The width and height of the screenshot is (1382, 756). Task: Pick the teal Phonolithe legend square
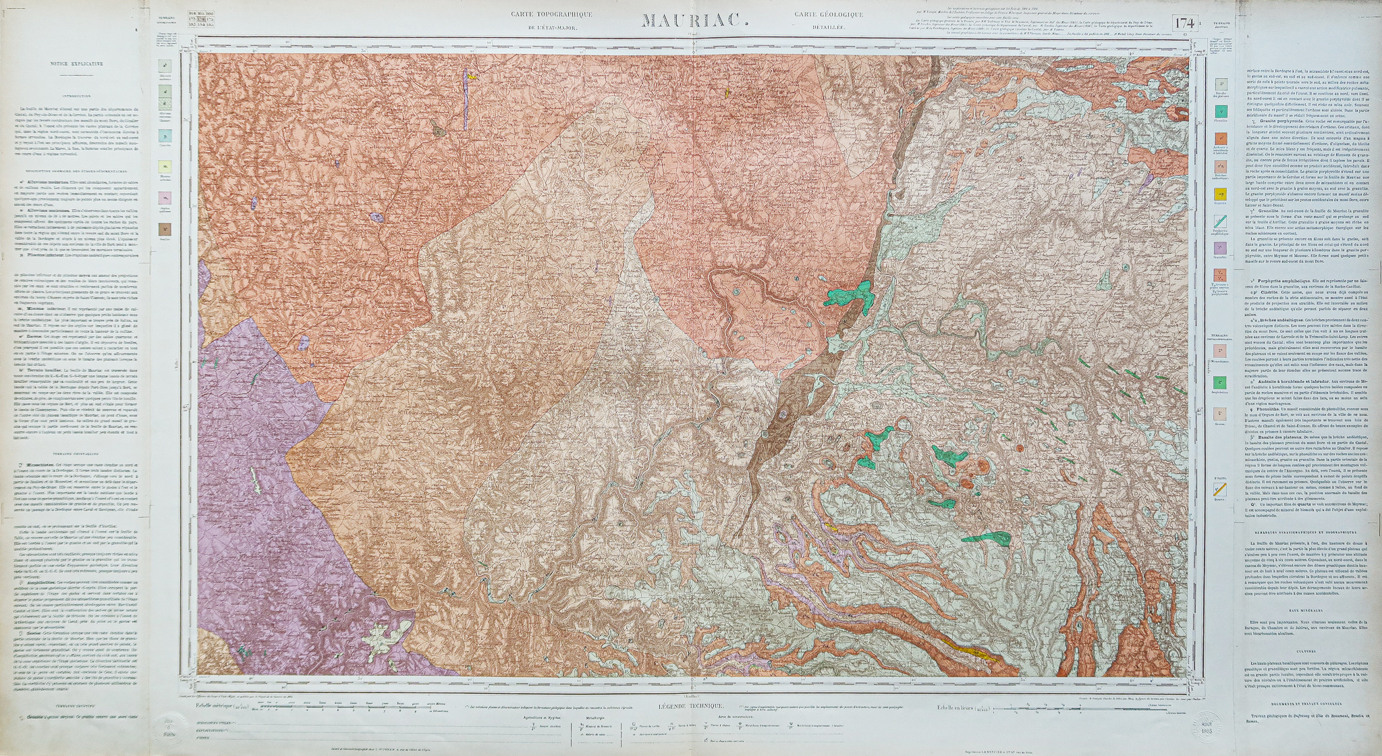click(1220, 111)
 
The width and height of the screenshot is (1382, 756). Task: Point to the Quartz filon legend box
click(1220, 489)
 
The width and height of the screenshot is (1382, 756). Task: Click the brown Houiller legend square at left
click(166, 229)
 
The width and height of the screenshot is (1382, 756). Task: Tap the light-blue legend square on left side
click(166, 135)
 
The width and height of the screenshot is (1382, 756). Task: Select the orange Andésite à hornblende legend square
click(1220, 138)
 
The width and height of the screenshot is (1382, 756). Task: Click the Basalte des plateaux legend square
click(1220, 84)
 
